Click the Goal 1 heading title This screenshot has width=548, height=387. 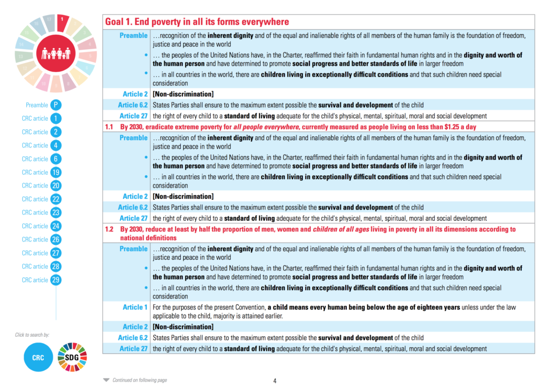197,22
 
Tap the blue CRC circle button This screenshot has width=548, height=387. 37,357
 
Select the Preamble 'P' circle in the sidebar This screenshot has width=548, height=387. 56,105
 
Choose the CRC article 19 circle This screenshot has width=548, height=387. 56,173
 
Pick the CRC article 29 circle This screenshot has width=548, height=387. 56,280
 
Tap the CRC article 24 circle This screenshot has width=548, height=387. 56,226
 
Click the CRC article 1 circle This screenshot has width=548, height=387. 56,119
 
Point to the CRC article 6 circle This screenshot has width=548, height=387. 56,159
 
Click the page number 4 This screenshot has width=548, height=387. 275,381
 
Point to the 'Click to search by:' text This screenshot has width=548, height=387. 32,335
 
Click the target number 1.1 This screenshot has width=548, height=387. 109,127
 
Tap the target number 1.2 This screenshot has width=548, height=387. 109,229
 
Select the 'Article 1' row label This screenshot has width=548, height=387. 135,307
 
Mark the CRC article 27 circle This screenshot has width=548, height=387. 56,253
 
